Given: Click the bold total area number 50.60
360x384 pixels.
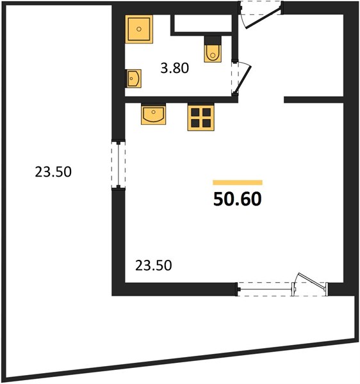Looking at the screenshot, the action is tap(238, 199).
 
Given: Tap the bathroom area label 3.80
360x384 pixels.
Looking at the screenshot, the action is tap(175, 68).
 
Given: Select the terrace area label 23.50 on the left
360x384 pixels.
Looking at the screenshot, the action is tap(53, 172).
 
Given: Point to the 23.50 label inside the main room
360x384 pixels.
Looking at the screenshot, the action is tap(154, 266).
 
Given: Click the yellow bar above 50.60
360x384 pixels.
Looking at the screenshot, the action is tap(238, 182).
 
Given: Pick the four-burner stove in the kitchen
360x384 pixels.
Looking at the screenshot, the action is tap(201, 117).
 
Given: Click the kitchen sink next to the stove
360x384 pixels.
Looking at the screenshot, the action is tap(153, 114).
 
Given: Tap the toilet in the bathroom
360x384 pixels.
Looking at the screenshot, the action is tap(213, 53).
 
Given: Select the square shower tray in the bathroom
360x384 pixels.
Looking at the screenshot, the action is tap(139, 29).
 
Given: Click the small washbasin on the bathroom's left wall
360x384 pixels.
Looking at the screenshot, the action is tap(133, 78).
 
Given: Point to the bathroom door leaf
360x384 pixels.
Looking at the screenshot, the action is tap(243, 79).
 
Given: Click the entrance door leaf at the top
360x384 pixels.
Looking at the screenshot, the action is tap(263, 18).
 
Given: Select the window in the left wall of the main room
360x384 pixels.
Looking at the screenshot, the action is tap(119, 164).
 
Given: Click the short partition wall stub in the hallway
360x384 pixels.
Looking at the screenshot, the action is tap(314, 100).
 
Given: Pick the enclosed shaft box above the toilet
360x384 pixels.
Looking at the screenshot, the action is tap(202, 24).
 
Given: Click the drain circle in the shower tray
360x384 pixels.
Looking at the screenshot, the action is tap(139, 29).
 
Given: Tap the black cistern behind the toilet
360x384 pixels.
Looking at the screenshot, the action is tap(213, 40).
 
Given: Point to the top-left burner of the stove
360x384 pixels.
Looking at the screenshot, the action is tap(195, 112).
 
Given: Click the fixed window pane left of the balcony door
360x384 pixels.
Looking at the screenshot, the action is tap(265, 289).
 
